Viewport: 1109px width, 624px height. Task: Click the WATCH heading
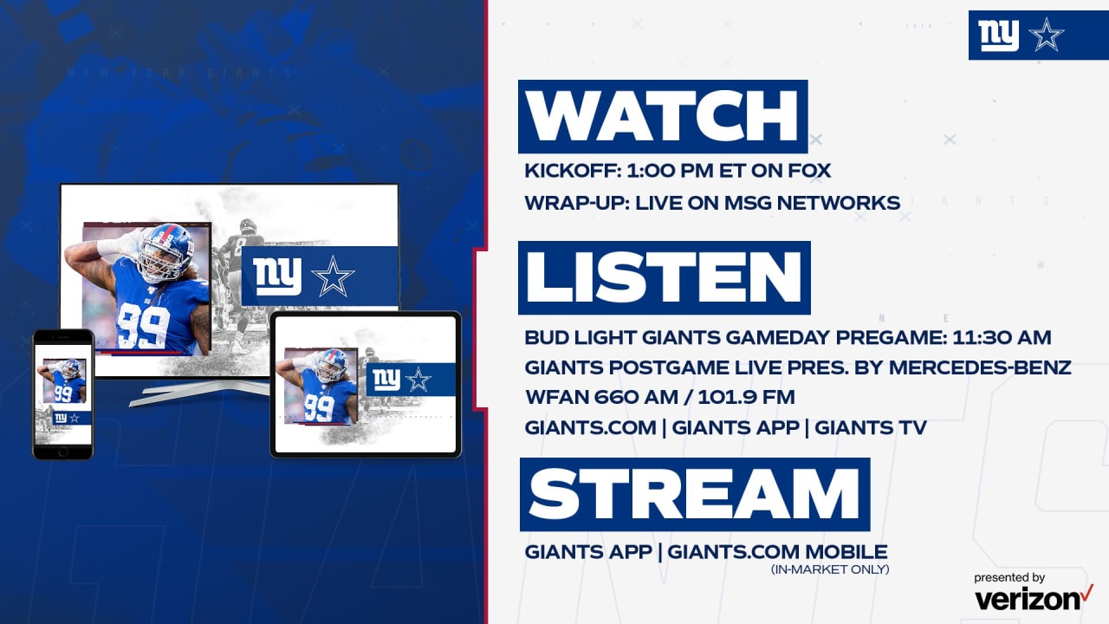663,116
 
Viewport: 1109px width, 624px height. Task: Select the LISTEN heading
664,277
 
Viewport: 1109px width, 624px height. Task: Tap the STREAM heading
694,494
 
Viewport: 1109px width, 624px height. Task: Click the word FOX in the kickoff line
809,171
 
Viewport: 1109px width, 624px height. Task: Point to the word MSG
760,203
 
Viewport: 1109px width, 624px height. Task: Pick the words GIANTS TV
871,427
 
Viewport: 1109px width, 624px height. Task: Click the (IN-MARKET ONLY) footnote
829,569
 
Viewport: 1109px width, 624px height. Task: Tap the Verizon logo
1032,599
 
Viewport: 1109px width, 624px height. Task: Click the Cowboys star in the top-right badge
1046,35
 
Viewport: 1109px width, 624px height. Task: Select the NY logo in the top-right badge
999,35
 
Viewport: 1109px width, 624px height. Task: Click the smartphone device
63,394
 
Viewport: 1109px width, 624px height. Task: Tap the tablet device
366,384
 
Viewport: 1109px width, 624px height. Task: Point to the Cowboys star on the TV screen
333,276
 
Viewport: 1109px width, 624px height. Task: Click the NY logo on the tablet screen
386,380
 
